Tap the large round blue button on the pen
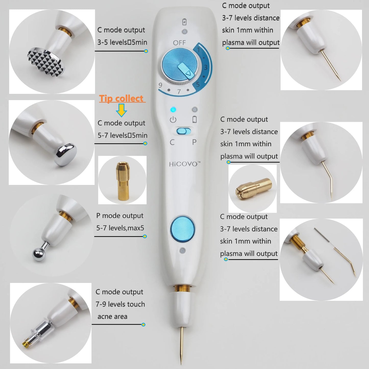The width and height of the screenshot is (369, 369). [182, 229]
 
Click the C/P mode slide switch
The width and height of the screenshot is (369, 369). [184, 132]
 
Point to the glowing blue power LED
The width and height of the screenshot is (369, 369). [173, 110]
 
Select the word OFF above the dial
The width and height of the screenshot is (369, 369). [179, 43]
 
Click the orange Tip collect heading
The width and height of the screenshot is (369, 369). [122, 99]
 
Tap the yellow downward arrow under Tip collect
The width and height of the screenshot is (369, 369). [122, 111]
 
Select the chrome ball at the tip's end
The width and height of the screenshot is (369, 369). [39, 254]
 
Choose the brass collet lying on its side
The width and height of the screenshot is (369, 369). [253, 188]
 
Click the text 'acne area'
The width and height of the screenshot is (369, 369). [112, 317]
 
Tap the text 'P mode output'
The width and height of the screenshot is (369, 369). [120, 216]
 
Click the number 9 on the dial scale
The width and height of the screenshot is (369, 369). [160, 85]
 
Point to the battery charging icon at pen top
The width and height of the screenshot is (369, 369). [184, 22]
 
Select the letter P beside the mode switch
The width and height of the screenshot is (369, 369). [194, 142]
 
